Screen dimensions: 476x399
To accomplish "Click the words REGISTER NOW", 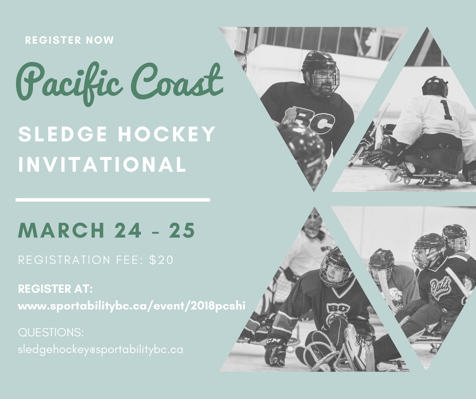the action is point(69,40).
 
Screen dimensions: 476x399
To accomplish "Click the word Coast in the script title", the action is point(178,80).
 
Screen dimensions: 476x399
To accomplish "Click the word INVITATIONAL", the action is point(102,164).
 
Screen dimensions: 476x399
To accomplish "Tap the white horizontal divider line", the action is point(112,200).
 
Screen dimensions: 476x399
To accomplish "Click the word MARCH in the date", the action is point(62,230).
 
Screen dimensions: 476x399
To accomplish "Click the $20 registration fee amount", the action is point(161,260).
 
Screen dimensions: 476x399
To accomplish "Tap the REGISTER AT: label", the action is point(55,289).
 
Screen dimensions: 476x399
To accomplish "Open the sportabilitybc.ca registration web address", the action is point(132,306).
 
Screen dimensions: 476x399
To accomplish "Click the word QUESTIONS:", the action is point(51,333).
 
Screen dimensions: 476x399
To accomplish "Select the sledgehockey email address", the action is point(100,350).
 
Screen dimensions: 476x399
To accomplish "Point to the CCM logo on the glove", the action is point(273,341).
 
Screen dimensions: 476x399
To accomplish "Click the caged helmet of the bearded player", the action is point(321,73).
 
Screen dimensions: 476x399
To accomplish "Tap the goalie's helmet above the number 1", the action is point(434,87).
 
